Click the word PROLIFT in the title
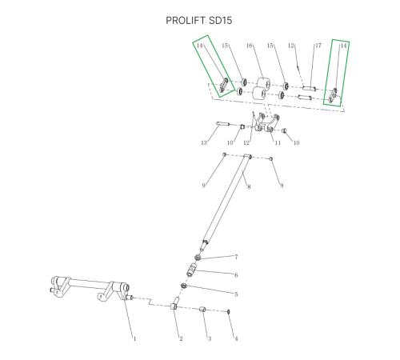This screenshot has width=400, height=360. pos(186,21)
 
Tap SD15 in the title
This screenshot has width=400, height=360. pos(220,21)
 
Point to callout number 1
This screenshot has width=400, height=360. pos(134,338)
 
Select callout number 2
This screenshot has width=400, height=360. pos(181,338)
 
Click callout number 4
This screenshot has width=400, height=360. pos(236,338)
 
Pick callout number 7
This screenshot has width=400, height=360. pos(236,257)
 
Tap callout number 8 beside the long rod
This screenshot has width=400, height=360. pos(249,186)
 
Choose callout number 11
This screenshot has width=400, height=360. pos(278,142)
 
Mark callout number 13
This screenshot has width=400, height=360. pos(204,143)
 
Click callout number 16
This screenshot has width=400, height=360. pos(249,46)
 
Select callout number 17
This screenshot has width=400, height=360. pos(318,46)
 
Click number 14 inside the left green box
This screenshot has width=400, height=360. pos(200,46)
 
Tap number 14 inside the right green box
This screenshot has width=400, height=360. pos(343,46)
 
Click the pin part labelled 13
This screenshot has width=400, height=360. pos(223,124)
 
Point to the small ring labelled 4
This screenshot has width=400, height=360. pos(229,311)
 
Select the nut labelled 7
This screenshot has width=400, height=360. pos(198,258)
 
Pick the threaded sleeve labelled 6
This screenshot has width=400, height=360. pos(191,270)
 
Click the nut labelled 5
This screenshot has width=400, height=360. pos(184,286)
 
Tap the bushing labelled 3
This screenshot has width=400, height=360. pos(202,310)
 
